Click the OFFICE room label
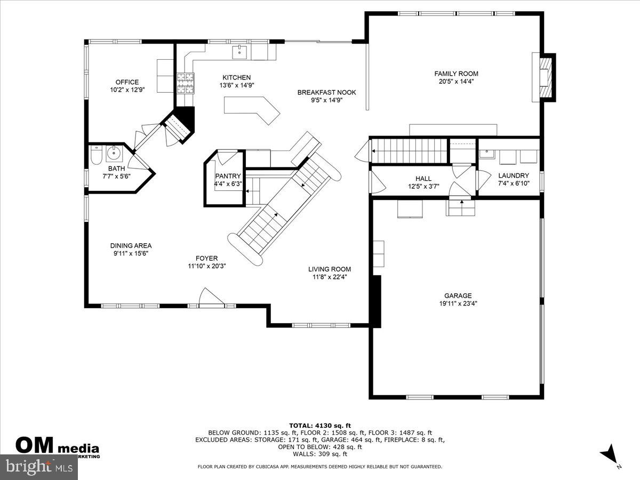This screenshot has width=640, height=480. [127, 82]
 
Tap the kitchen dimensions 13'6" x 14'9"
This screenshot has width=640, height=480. [236, 85]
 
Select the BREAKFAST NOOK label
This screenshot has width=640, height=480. [326, 92]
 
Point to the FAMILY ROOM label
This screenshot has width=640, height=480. [456, 74]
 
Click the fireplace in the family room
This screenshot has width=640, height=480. [545, 77]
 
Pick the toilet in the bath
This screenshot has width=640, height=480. [96, 155]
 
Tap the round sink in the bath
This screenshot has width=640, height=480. [114, 155]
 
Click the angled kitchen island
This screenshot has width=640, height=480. [252, 108]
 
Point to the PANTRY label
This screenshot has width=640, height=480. [228, 176]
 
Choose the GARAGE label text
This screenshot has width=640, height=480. [458, 295]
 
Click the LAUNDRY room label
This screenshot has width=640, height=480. [513, 175]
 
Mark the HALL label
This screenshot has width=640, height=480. [423, 179]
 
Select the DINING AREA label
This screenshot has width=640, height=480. [131, 245]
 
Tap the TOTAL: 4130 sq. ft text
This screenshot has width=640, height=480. [320, 425]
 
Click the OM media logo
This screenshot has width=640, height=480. [56, 446]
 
